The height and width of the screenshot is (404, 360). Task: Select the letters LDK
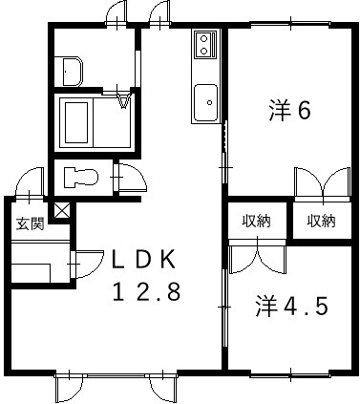[x=142, y=259]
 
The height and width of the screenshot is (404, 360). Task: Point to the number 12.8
[x=142, y=293]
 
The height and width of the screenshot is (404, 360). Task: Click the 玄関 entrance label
[x=30, y=225]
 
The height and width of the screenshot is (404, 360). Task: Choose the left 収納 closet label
[x=255, y=222]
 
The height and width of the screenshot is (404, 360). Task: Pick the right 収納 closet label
[x=321, y=222]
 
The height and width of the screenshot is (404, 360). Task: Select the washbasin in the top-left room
[x=72, y=69]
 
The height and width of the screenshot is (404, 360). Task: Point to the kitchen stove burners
[x=207, y=42]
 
